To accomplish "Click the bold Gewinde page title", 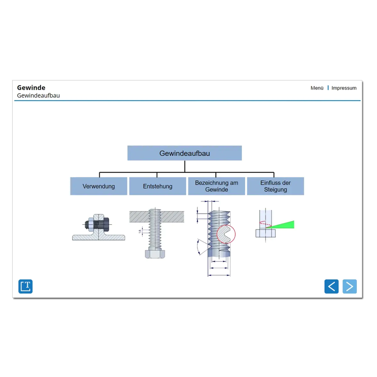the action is (x=31, y=88).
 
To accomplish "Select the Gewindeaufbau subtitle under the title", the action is (x=38, y=96).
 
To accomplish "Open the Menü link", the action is (x=317, y=88).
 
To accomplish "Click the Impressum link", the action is (x=344, y=88).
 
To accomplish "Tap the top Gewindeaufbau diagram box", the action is (x=184, y=153).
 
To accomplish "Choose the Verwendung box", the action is (x=99, y=186).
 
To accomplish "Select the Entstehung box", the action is (x=157, y=186).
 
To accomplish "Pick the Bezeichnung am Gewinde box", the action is (x=216, y=186).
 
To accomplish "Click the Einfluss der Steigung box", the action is (x=276, y=186).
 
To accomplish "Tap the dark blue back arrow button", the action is (x=331, y=287).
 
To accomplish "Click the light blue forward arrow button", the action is (x=350, y=287).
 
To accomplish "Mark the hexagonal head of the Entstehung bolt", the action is (x=155, y=254).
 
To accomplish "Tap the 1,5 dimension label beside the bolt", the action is (x=140, y=232).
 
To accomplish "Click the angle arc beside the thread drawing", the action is (x=198, y=247).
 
